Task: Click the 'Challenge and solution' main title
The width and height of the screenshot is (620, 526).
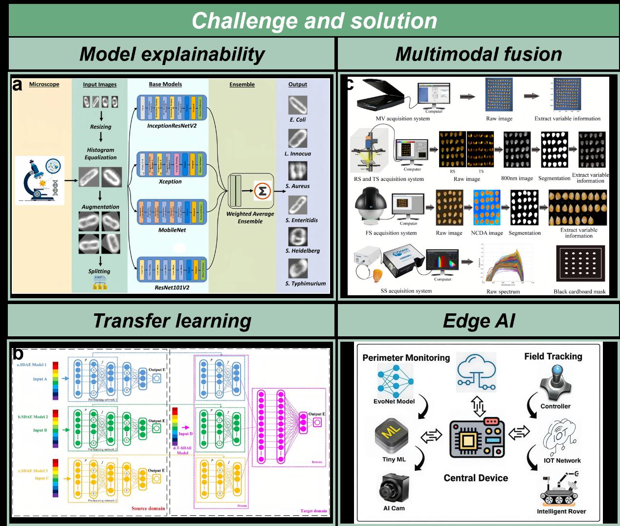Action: coord(314,21)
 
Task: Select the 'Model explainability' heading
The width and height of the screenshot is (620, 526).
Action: coord(172,54)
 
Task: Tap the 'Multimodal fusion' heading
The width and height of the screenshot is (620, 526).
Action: coord(478,54)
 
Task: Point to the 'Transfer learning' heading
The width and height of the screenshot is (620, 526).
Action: coord(172,321)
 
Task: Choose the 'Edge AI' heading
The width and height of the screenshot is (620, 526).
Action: coord(478,321)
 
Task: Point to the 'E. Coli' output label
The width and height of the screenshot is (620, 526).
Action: coord(297,120)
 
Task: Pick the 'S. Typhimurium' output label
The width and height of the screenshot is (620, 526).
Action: coord(305,284)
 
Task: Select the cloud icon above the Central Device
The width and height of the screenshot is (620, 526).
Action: coord(476,374)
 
